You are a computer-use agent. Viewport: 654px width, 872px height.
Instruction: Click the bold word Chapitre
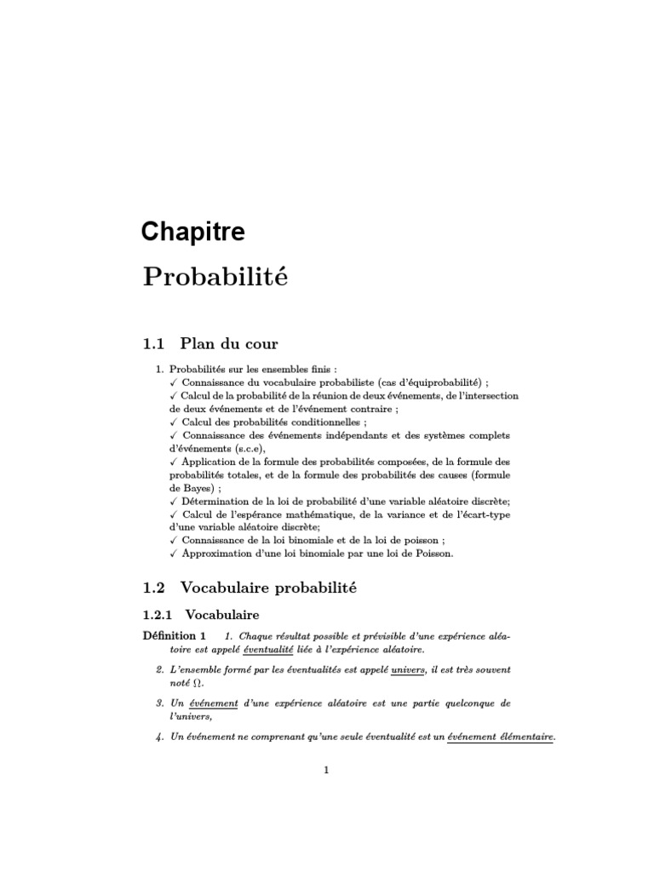point(193,231)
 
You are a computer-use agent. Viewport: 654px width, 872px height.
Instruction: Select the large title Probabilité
point(215,277)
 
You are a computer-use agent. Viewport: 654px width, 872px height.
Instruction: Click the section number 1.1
point(152,344)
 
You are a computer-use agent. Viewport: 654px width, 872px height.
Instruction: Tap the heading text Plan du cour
point(229,344)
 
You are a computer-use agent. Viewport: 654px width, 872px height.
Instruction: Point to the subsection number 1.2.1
point(158,613)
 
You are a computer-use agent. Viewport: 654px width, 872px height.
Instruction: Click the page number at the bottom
point(326,770)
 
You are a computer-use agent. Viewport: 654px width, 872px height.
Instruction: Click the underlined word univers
point(407,670)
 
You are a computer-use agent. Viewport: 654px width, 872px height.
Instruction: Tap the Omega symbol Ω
point(200,683)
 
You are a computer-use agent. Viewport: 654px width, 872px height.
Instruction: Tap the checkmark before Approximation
point(173,553)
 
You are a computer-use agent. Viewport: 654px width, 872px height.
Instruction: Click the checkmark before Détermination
point(173,502)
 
